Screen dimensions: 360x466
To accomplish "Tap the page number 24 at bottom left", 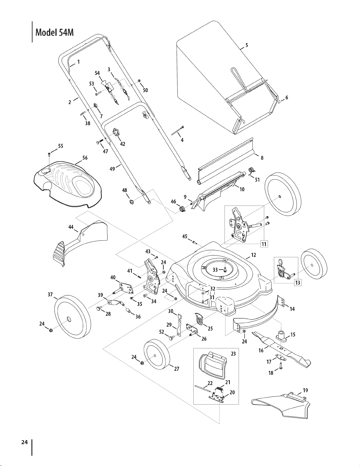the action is click(x=24, y=442).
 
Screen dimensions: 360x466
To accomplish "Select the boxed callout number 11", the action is click(x=264, y=244).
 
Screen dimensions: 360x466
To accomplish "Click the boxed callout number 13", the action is click(x=298, y=283).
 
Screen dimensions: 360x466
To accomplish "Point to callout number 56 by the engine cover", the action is click(x=85, y=158).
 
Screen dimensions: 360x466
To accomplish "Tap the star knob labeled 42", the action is click(x=116, y=132).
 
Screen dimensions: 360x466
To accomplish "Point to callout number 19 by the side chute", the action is click(x=305, y=390).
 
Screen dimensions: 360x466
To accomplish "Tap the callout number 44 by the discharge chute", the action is click(x=71, y=227).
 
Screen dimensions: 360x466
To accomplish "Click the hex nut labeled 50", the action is click(x=139, y=81).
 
